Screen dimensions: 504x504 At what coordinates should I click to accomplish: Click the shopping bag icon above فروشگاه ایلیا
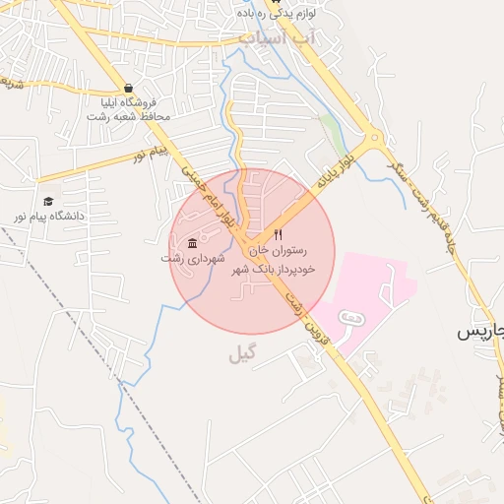pyautogui.click(x=128, y=88)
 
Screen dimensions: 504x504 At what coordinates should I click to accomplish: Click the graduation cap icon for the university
pyautogui.click(x=47, y=200)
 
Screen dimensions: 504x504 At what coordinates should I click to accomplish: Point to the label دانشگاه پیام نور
pyautogui.click(x=47, y=215)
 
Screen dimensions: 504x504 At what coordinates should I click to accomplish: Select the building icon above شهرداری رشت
pyautogui.click(x=191, y=243)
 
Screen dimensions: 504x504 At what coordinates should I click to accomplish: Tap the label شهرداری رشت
pyautogui.click(x=194, y=258)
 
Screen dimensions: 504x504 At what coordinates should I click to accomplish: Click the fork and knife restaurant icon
pyautogui.click(x=279, y=235)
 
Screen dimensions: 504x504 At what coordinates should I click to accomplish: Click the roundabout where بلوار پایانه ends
pyautogui.click(x=372, y=140)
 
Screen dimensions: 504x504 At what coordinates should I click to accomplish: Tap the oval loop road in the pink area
pyautogui.click(x=351, y=317)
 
